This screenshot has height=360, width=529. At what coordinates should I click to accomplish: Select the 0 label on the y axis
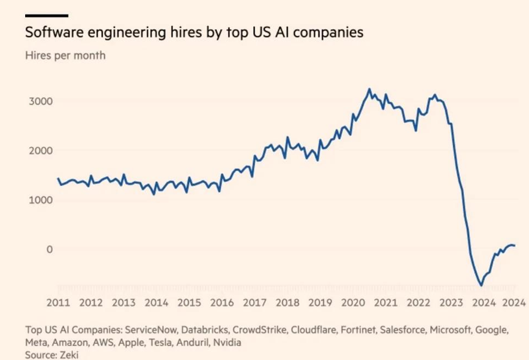coord(50,249)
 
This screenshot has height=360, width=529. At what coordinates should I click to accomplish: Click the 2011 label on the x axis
coord(58,302)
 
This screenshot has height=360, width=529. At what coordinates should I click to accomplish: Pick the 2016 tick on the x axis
coord(222,302)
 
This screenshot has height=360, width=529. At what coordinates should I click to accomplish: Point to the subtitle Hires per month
coord(65,56)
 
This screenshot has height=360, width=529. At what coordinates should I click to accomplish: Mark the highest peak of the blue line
coord(369,89)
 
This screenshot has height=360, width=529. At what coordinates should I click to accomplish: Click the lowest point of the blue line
coord(481,285)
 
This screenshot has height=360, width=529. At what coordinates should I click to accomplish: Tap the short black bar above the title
coord(46,16)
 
